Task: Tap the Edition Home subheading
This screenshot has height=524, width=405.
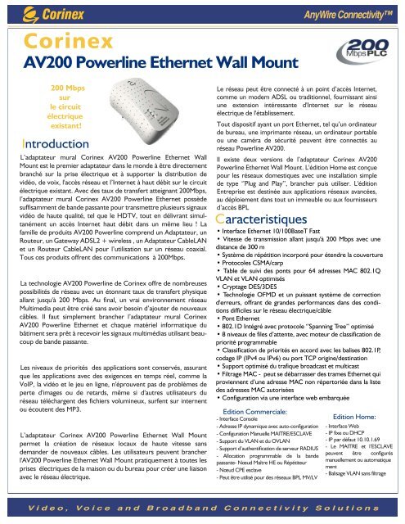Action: (358, 416)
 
